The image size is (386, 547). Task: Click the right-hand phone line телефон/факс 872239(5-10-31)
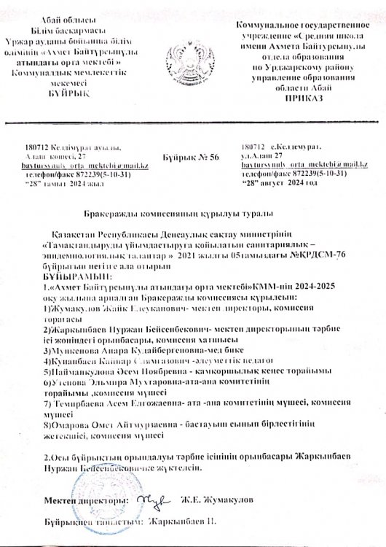click(x=280, y=175)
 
